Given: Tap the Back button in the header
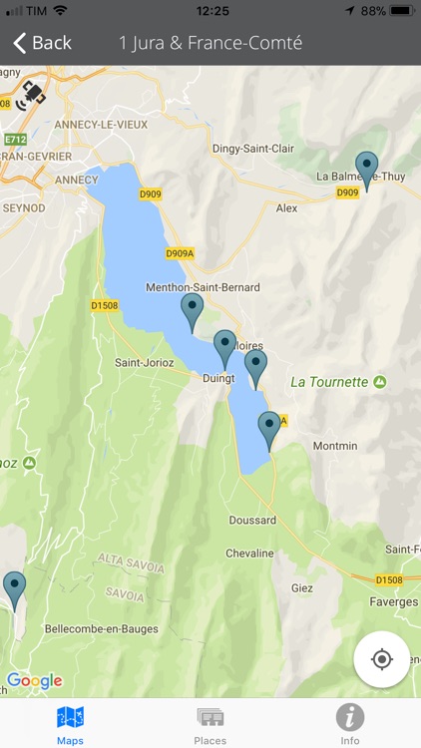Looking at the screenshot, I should (42, 43).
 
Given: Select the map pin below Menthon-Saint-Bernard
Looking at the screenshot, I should (192, 311).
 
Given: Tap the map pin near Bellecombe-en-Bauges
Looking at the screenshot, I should (14, 589).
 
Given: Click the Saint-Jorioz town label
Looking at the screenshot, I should (146, 362).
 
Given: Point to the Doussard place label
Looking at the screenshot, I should (252, 521).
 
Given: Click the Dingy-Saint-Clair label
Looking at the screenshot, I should (253, 149).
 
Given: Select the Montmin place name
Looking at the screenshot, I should (335, 446).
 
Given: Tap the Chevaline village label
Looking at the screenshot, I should (249, 554).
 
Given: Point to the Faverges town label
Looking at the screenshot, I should (393, 602).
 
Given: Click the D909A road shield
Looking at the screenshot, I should (180, 253).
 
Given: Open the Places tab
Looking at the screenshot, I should (210, 724).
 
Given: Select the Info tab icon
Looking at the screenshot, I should (349, 717).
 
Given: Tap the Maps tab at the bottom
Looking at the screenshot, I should (70, 724).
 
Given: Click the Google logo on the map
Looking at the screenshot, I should (34, 681).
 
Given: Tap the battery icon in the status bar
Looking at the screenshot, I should (402, 11).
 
